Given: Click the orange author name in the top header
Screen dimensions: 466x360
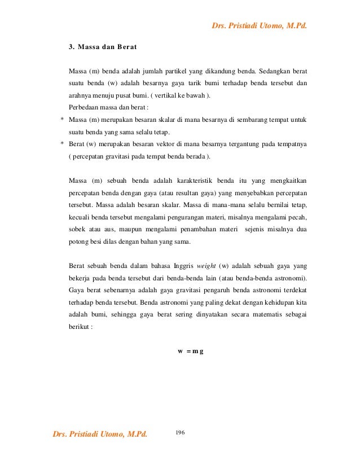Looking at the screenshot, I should [x=259, y=25].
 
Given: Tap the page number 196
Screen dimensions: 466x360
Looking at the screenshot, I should [x=181, y=432].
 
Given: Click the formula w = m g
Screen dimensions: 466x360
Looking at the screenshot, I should [x=191, y=351].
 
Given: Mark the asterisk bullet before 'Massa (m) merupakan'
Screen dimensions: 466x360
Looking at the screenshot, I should [x=62, y=120].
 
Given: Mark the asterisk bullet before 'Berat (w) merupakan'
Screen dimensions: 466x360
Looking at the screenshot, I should [x=62, y=144].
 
